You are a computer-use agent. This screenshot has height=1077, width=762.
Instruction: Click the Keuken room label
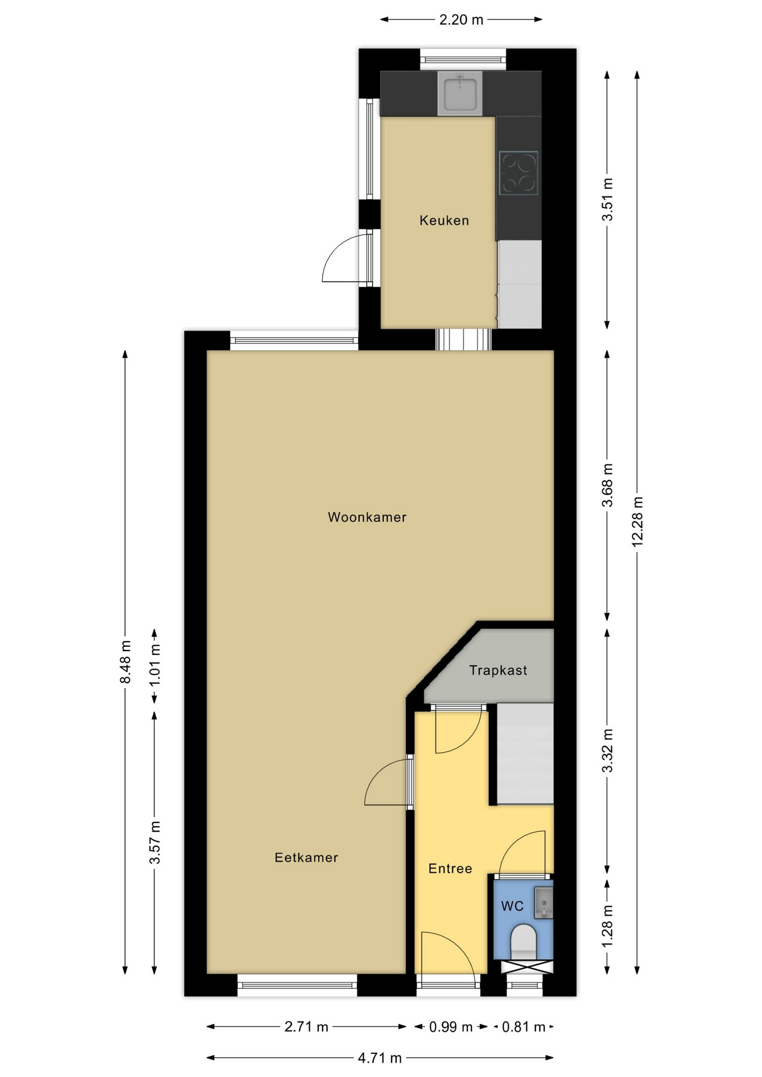pos(444,220)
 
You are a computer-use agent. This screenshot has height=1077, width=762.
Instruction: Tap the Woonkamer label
pos(367,517)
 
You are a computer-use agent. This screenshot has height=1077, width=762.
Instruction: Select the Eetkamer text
pos(306,858)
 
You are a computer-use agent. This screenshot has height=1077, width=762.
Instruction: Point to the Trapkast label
pos(498,670)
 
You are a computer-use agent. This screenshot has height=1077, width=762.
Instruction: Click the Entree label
pos(450,869)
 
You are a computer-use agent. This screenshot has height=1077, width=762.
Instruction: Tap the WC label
pos(512,906)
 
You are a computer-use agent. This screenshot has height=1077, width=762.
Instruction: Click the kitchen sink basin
pos(460,94)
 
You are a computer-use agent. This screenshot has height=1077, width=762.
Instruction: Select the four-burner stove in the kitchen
pos(518,173)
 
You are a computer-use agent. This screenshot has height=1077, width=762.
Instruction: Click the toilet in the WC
pos(524,942)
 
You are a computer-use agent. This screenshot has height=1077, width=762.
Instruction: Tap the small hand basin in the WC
pos(543,903)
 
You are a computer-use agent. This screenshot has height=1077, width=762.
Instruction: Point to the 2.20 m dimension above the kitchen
pos(461,20)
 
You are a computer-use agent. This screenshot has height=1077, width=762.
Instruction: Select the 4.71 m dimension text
pos(380,1058)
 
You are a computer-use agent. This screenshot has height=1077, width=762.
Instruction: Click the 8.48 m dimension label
pos(125,662)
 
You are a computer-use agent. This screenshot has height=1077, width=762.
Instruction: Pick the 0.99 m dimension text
pos(451,1027)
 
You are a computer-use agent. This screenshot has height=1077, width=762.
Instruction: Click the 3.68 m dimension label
pos(607,485)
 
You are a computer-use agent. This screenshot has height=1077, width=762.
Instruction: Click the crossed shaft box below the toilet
pos(527,966)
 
